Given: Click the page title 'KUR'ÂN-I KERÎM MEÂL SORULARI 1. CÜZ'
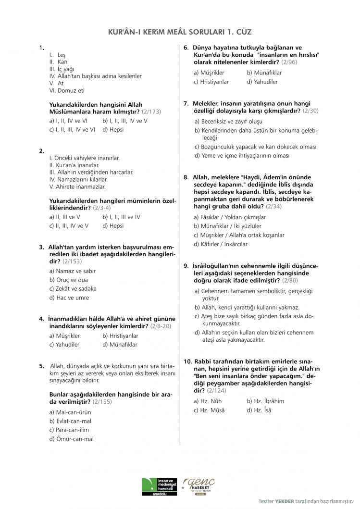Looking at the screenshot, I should pyautogui.click(x=180, y=32).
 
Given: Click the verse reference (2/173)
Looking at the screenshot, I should pyautogui.click(x=151, y=112).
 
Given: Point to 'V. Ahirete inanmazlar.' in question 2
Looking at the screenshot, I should pyautogui.click(x=77, y=186).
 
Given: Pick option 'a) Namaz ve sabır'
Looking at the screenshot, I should pyautogui.click(x=72, y=271).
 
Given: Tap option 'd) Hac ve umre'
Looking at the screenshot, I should pyautogui.click(x=69, y=298).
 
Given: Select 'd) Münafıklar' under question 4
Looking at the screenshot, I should pyautogui.click(x=120, y=345).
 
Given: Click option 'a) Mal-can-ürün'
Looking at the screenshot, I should pyautogui.click(x=70, y=412).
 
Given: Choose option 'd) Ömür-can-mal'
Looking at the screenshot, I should pyautogui.click(x=72, y=439).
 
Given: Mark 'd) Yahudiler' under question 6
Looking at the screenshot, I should pyautogui.click(x=262, y=82).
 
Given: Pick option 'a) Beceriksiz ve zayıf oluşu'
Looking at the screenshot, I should pyautogui.click(x=229, y=121).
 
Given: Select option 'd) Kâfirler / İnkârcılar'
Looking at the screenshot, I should pyautogui.click(x=221, y=244).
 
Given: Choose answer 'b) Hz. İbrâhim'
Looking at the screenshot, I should pyautogui.click(x=265, y=401).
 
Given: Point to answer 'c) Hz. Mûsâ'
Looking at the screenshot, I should pyautogui.click(x=209, y=410).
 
